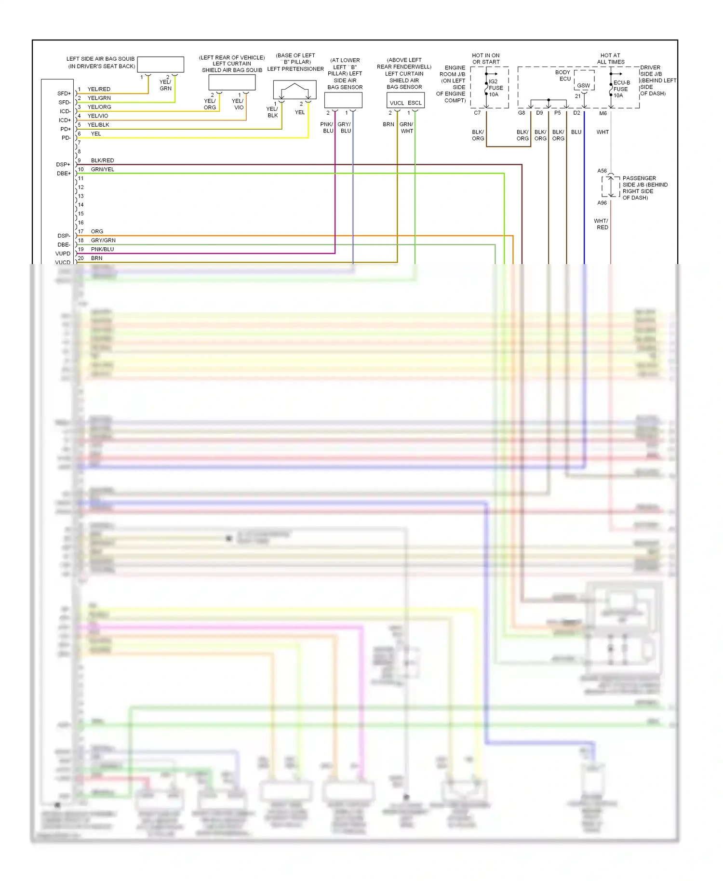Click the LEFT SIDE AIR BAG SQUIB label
point(101,62)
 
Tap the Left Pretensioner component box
point(295,89)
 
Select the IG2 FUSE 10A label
point(495,88)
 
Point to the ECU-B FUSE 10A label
point(621,89)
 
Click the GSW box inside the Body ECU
point(583,85)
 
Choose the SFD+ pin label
point(64,93)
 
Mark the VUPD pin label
point(63,254)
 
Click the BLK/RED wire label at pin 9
point(102,160)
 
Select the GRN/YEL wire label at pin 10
point(102,169)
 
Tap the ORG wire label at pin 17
point(97,231)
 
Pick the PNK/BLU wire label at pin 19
point(102,249)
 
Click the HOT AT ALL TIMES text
point(610,59)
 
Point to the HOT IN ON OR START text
point(486,59)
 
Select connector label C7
point(477,113)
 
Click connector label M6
point(603,113)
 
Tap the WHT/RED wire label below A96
point(602,224)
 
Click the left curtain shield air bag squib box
point(232,82)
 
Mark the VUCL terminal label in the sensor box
point(397,103)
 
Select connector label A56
point(602,171)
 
